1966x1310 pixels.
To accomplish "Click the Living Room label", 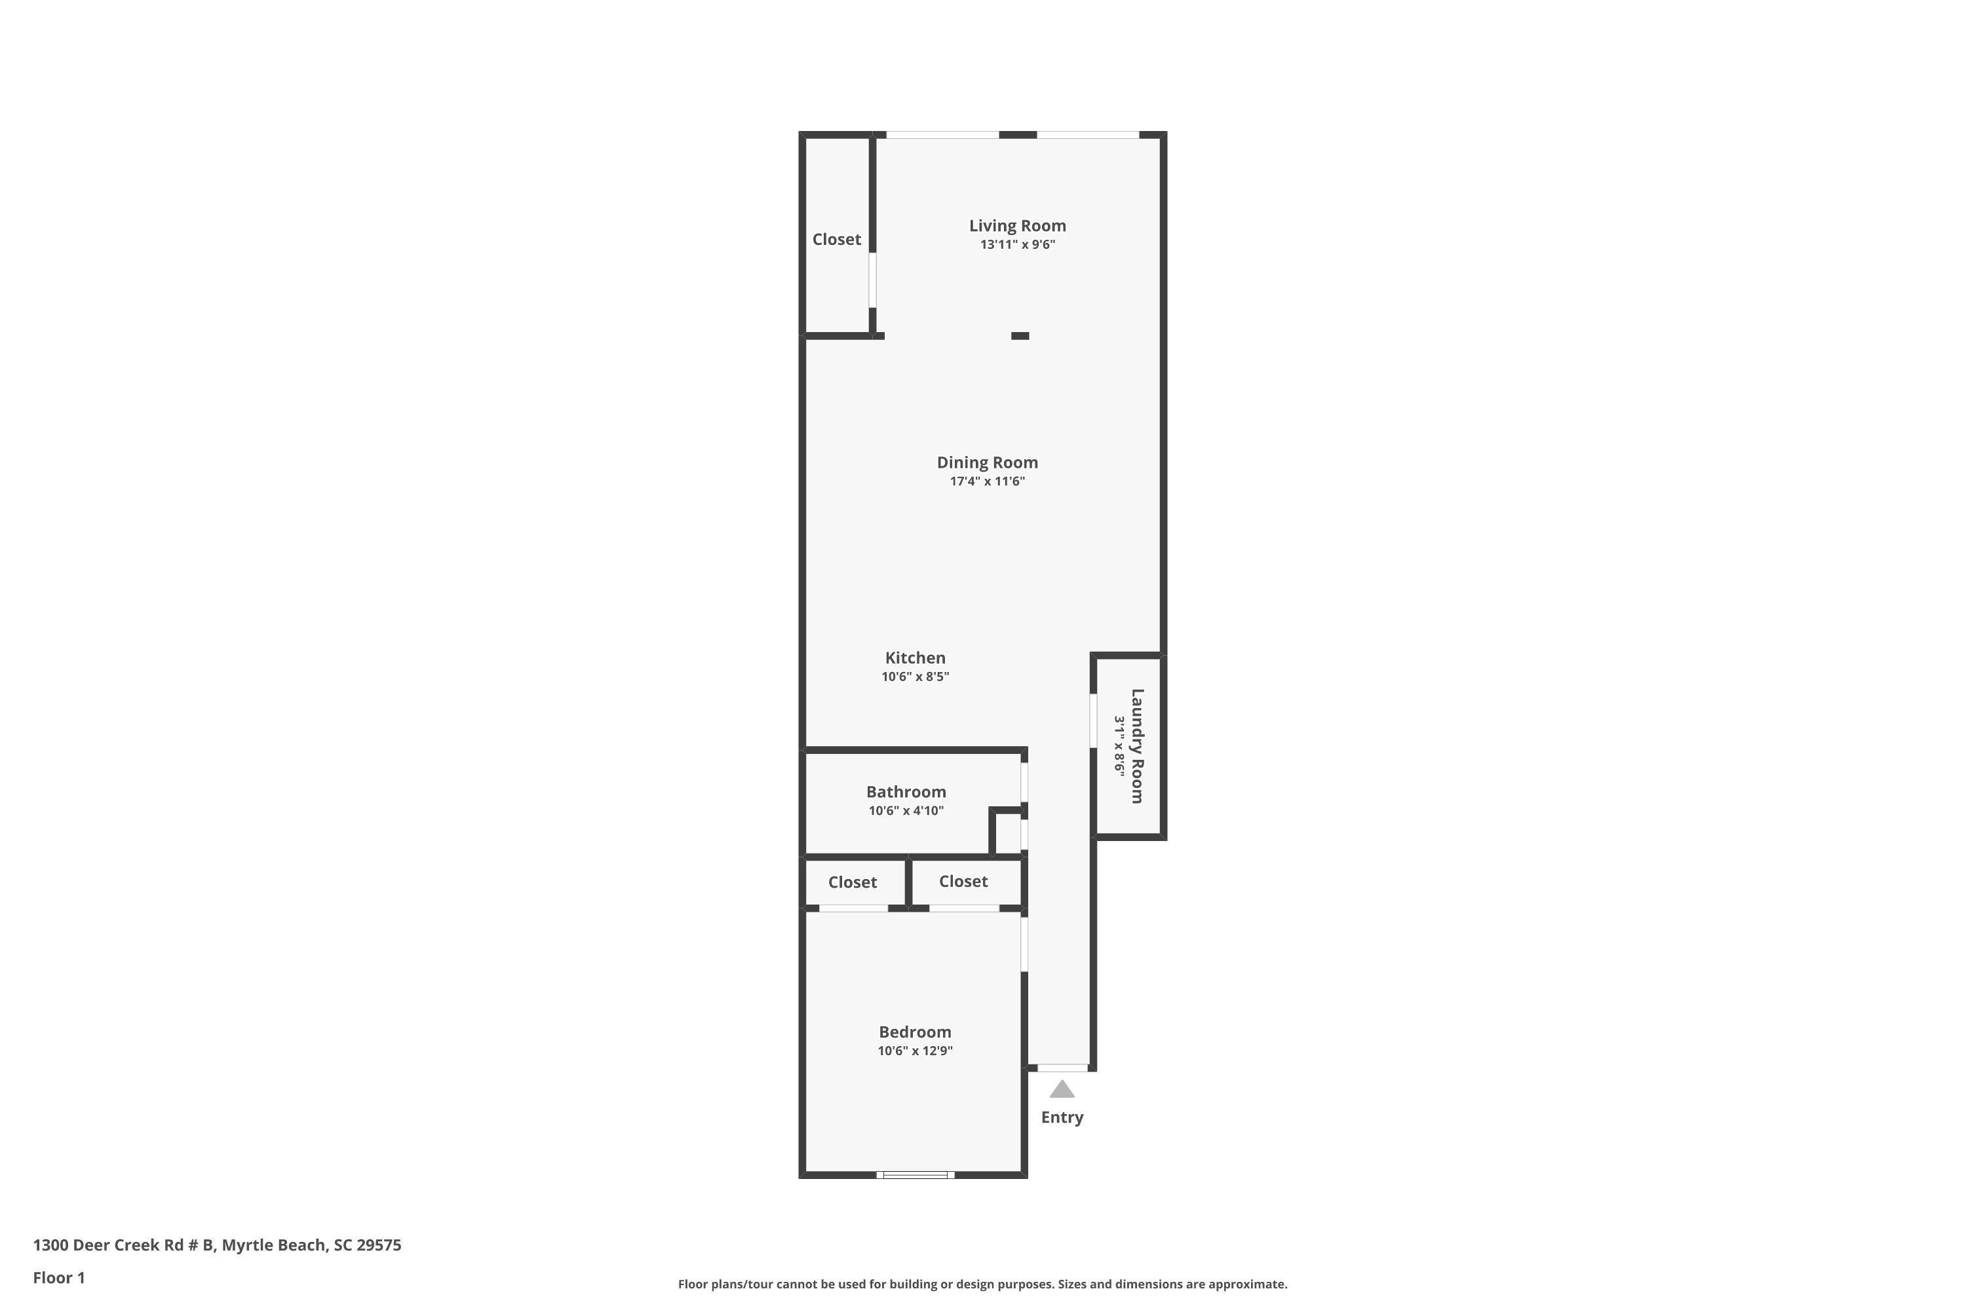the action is [1017, 225].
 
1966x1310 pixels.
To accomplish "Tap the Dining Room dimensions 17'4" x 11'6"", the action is [987, 481].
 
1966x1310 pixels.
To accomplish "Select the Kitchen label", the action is [916, 658].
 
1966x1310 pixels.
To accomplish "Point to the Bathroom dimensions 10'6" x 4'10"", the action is [906, 810].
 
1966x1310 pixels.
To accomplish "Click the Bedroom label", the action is [914, 1032].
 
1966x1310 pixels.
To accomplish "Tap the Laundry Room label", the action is [1137, 746].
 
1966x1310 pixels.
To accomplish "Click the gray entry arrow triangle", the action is [1062, 1089].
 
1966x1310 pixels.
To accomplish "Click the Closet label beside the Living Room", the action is [837, 240].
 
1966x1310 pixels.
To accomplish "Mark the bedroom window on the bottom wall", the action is [916, 1174].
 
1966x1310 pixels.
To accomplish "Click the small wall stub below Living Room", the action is [1020, 336].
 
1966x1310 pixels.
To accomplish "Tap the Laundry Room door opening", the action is [1093, 720].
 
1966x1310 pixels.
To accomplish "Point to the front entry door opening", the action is [1062, 1068].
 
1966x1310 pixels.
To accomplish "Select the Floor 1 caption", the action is [60, 1277].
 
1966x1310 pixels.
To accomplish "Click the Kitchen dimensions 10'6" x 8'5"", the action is [916, 677].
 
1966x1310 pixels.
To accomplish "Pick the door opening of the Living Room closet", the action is [872, 280].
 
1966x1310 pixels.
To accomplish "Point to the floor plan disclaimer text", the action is [982, 1284].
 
